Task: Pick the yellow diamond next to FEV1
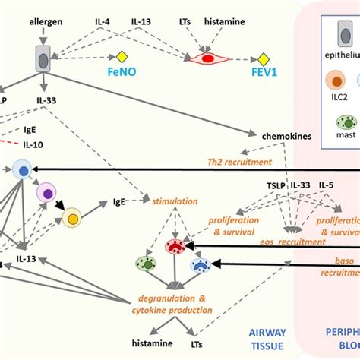click(x=263, y=58)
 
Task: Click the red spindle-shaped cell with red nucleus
click(x=207, y=58)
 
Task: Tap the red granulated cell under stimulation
click(x=175, y=245)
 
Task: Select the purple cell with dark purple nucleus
click(x=47, y=193)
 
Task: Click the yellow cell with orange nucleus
click(x=74, y=219)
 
